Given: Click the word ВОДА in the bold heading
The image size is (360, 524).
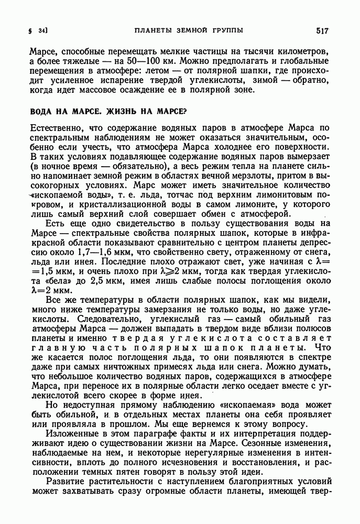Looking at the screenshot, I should point(42,111).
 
